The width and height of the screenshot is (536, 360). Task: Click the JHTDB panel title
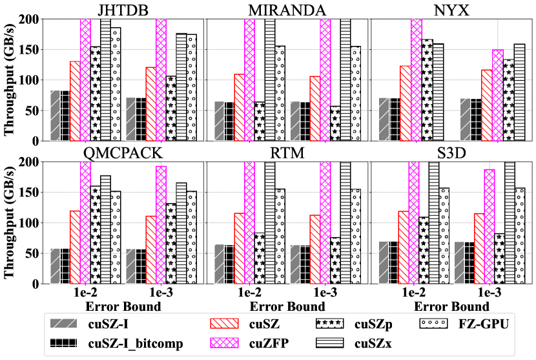click(122, 10)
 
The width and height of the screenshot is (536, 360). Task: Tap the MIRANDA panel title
click(287, 10)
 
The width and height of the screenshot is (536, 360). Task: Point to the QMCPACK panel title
click(122, 153)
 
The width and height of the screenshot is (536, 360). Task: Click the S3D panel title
click(450, 153)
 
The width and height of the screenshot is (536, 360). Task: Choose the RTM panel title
click(287, 153)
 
